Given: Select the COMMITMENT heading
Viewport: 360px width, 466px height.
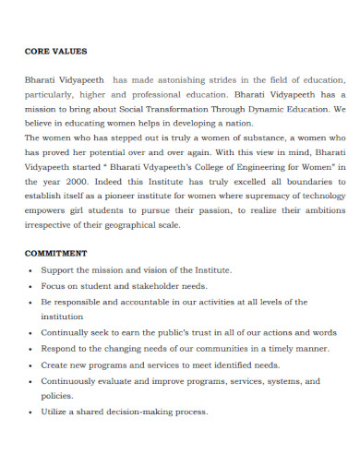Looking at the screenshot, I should coord(55,252).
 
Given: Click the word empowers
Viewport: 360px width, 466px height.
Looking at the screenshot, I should coord(48,209).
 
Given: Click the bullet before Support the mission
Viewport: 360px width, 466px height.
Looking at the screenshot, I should coord(31,270).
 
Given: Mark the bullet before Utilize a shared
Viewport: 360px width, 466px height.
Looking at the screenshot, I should coord(31,412).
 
